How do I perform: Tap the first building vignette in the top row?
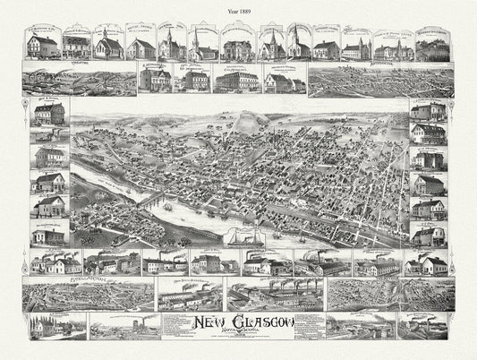click(x=43, y=45)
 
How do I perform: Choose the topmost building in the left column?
click(x=49, y=115)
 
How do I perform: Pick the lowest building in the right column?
click(x=427, y=236)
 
